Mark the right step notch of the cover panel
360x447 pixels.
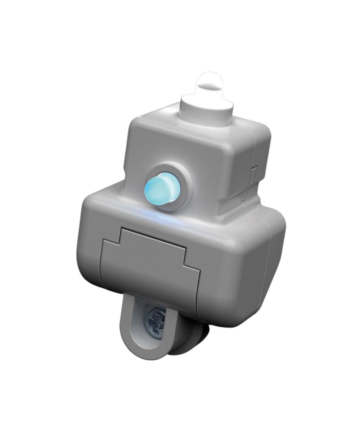coord(190,264)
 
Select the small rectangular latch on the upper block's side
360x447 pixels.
coord(254,174)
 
